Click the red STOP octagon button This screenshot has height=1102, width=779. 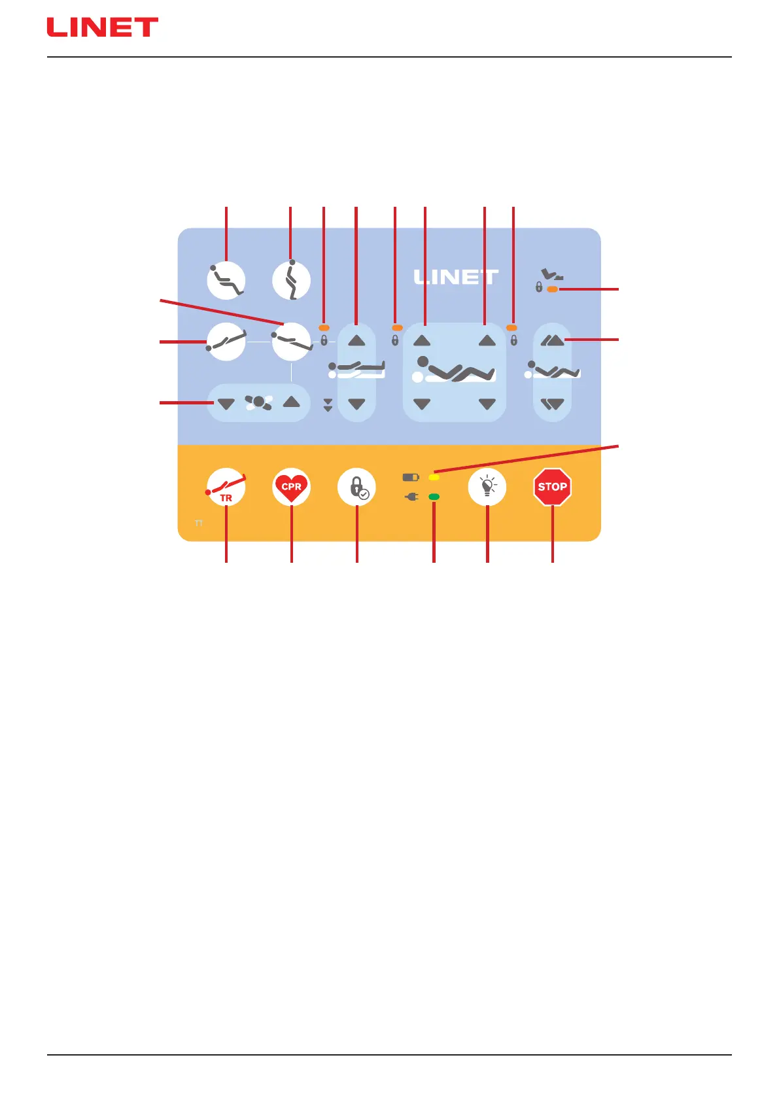click(552, 487)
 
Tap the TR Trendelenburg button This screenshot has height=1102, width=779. click(226, 488)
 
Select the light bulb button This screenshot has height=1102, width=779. click(487, 487)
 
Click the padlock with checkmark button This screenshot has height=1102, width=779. click(356, 488)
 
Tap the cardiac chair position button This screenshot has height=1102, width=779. click(226, 281)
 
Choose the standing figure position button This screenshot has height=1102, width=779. click(291, 281)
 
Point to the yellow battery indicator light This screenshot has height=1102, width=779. click(434, 478)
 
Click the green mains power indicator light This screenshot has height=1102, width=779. click(434, 497)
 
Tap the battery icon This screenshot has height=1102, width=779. click(410, 478)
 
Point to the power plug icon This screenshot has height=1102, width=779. click(411, 497)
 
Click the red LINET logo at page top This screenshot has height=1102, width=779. click(102, 27)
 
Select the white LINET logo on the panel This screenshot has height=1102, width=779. click(456, 277)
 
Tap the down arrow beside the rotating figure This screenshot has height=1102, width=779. click(226, 404)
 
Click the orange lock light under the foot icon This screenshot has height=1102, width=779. click(553, 289)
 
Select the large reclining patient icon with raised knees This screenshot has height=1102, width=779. click(455, 371)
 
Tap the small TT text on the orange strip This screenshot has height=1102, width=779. click(199, 524)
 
